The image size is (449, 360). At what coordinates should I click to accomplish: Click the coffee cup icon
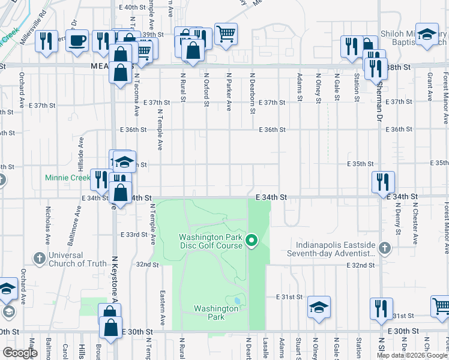coord(77,41)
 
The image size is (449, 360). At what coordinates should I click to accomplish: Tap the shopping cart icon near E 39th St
coord(226,34)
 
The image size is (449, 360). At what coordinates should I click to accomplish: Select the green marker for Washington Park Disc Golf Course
coord(252,241)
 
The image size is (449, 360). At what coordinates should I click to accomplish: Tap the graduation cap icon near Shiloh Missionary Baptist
coord(427,34)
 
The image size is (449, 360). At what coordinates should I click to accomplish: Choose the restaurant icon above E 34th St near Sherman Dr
coord(382,181)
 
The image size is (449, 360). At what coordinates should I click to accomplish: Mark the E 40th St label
coord(133,7)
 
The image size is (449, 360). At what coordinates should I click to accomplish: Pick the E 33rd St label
coord(133,235)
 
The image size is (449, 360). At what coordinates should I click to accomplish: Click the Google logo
coord(19,353)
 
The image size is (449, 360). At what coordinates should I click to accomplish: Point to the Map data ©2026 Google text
coord(411,355)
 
